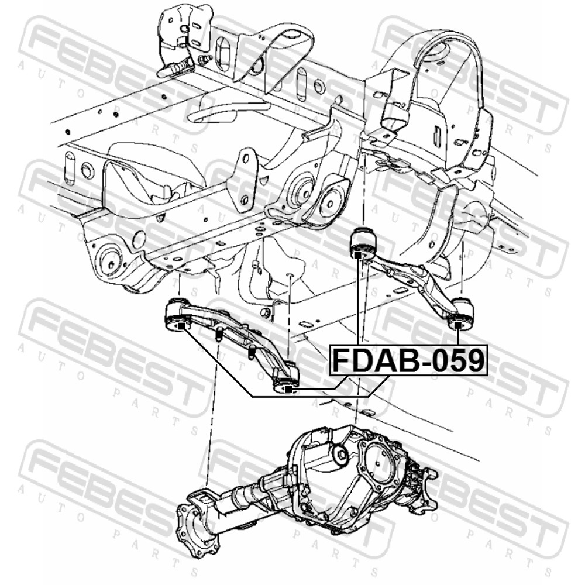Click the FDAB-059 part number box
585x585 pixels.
tap(408, 360)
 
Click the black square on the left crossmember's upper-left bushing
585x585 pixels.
tap(181, 326)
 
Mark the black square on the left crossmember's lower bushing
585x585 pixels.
tap(289, 390)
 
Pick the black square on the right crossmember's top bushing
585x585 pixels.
tap(358, 255)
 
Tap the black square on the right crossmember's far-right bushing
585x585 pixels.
tap(457, 326)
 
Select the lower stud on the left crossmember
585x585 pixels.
tap(252, 352)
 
